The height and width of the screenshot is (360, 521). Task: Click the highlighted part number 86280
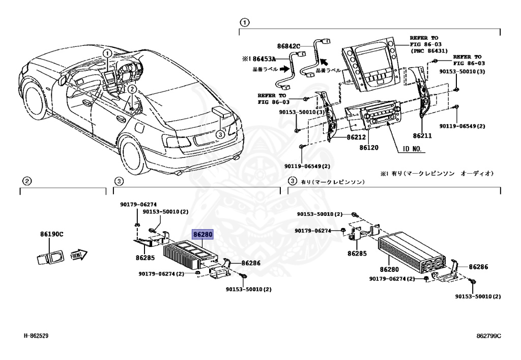(202, 235)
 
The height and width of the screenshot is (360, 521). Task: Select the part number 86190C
(51, 235)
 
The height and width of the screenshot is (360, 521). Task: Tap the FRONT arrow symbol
(78, 255)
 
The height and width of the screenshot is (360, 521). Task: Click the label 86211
(423, 136)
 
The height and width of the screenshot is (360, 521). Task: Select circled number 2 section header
(27, 181)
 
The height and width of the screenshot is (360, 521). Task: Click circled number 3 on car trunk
(219, 134)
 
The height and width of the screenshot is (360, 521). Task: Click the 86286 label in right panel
(479, 267)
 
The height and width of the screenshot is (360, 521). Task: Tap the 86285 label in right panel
(357, 253)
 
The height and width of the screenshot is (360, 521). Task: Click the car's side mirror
(64, 79)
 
